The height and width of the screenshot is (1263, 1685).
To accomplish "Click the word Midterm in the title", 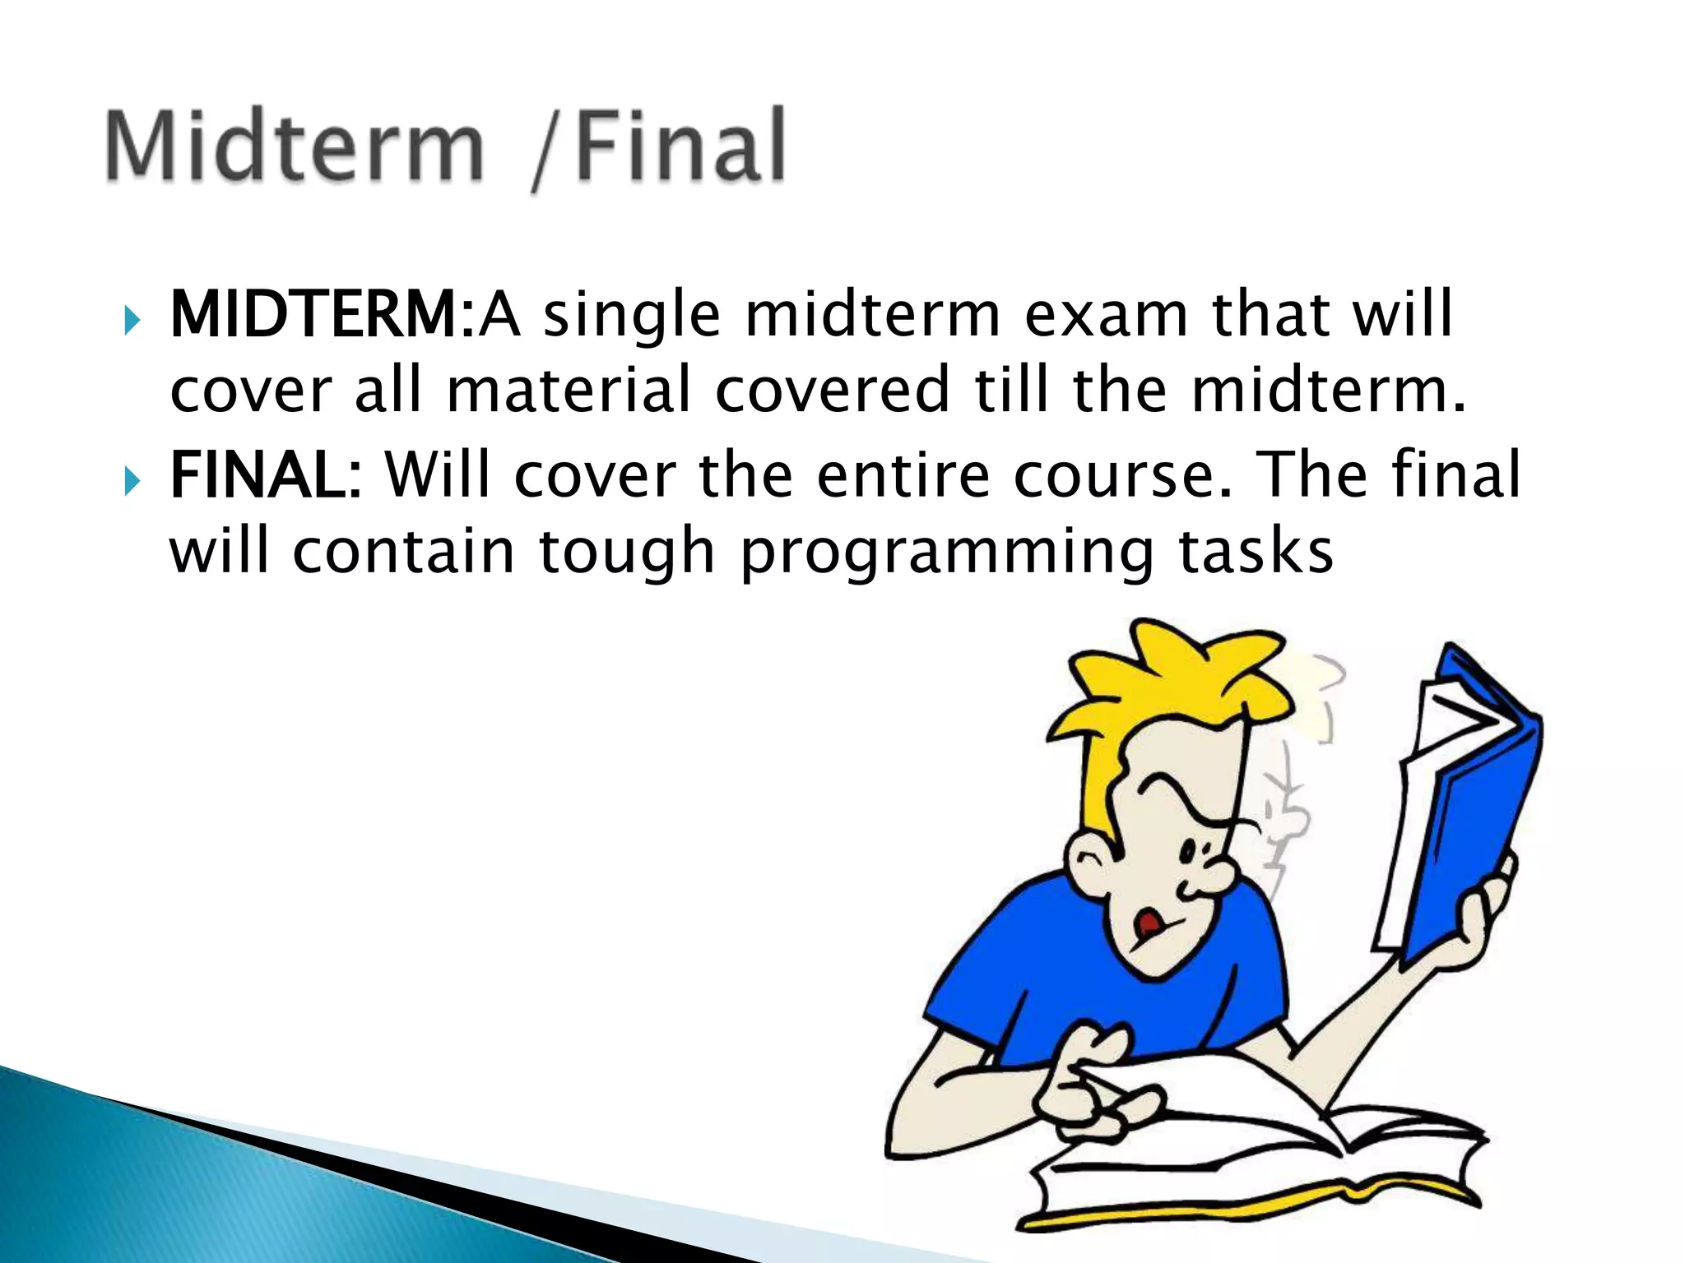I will click(x=295, y=146).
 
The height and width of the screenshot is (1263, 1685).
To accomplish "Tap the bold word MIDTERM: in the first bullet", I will click(x=322, y=315).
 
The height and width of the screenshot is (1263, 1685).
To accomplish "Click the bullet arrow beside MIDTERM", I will click(x=132, y=319).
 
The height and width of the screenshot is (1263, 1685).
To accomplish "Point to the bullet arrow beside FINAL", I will click(x=132, y=480).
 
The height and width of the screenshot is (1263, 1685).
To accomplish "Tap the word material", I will click(x=569, y=391).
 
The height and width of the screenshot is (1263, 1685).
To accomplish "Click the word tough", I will click(x=627, y=553).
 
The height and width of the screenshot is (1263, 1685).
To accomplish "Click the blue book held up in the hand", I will click(x=1473, y=822).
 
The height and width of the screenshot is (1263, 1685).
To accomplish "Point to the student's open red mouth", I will click(x=1146, y=925).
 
